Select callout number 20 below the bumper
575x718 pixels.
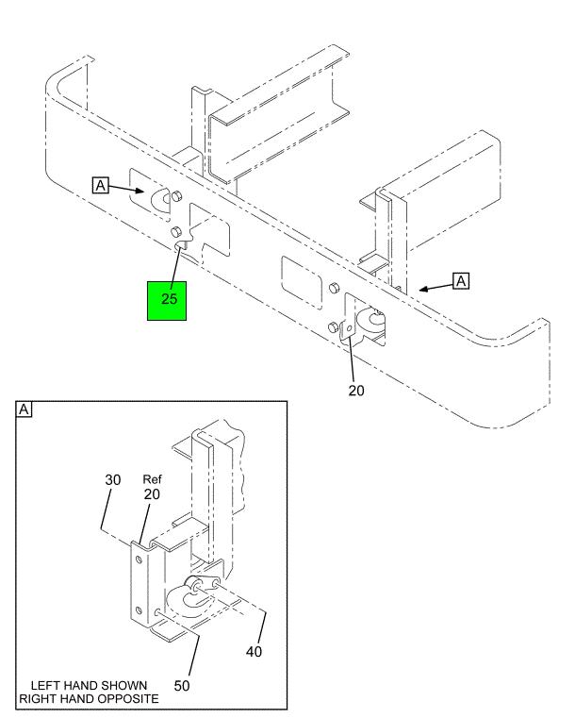click(x=356, y=390)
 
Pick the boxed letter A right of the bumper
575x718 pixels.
click(x=461, y=280)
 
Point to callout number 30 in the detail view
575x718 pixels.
click(x=112, y=479)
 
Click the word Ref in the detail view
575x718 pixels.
click(x=153, y=479)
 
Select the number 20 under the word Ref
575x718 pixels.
click(x=153, y=495)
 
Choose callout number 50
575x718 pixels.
click(x=181, y=685)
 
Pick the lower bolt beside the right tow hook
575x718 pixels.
click(x=333, y=326)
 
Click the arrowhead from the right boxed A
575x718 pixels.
click(x=423, y=289)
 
